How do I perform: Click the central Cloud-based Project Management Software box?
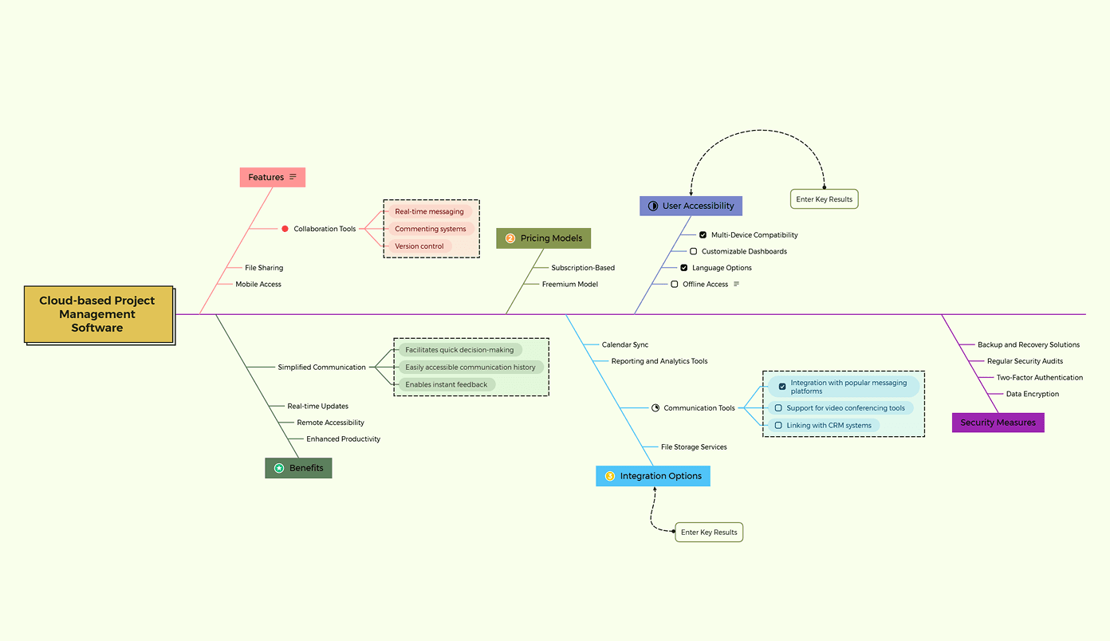[x=98, y=314]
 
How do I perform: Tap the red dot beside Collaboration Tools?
[x=285, y=229]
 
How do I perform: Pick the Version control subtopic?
[x=419, y=246]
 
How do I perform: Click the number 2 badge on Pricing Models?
[x=510, y=238]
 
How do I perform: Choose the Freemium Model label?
[x=569, y=285]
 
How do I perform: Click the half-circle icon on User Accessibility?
[x=652, y=206]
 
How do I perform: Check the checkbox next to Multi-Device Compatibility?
[x=703, y=235]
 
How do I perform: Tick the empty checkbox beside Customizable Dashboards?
[x=693, y=251]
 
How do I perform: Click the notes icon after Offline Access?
[x=736, y=285]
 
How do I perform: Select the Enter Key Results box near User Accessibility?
[x=824, y=199]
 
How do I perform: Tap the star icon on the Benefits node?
[x=279, y=468]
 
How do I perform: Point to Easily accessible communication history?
[x=470, y=368]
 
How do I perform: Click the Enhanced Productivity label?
[x=343, y=439]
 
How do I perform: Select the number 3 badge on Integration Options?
[x=610, y=476]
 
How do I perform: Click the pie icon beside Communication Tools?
[x=655, y=408]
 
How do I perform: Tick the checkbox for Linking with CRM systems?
[x=778, y=426]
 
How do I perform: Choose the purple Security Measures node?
[x=998, y=423]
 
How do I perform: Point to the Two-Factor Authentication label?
[x=1039, y=378]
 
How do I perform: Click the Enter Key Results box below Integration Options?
[x=709, y=533]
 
